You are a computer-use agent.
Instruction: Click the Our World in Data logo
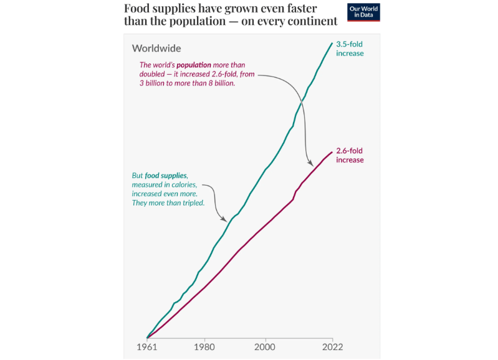click(363, 12)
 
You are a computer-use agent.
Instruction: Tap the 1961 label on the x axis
click(147, 346)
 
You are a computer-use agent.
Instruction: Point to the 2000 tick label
click(266, 346)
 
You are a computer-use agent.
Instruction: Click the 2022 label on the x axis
click(330, 346)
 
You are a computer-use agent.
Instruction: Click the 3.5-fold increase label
click(350, 49)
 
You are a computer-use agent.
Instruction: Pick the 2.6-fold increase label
click(350, 155)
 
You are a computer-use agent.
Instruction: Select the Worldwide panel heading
click(156, 49)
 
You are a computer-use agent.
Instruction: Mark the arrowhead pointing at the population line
click(310, 163)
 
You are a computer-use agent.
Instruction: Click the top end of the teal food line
click(332, 43)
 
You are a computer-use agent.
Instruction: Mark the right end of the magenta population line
click(332, 151)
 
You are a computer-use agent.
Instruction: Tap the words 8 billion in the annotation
click(222, 83)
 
